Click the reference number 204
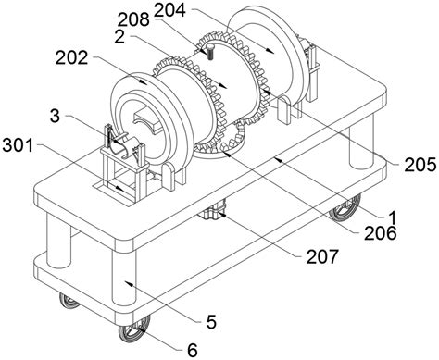(x=169, y=10)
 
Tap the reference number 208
(x=133, y=19)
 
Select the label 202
(x=71, y=57)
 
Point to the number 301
(x=18, y=145)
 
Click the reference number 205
(x=420, y=165)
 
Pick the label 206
(x=381, y=233)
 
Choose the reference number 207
(x=322, y=256)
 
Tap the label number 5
(x=211, y=322)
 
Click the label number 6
(x=193, y=350)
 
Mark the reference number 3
(x=55, y=117)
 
